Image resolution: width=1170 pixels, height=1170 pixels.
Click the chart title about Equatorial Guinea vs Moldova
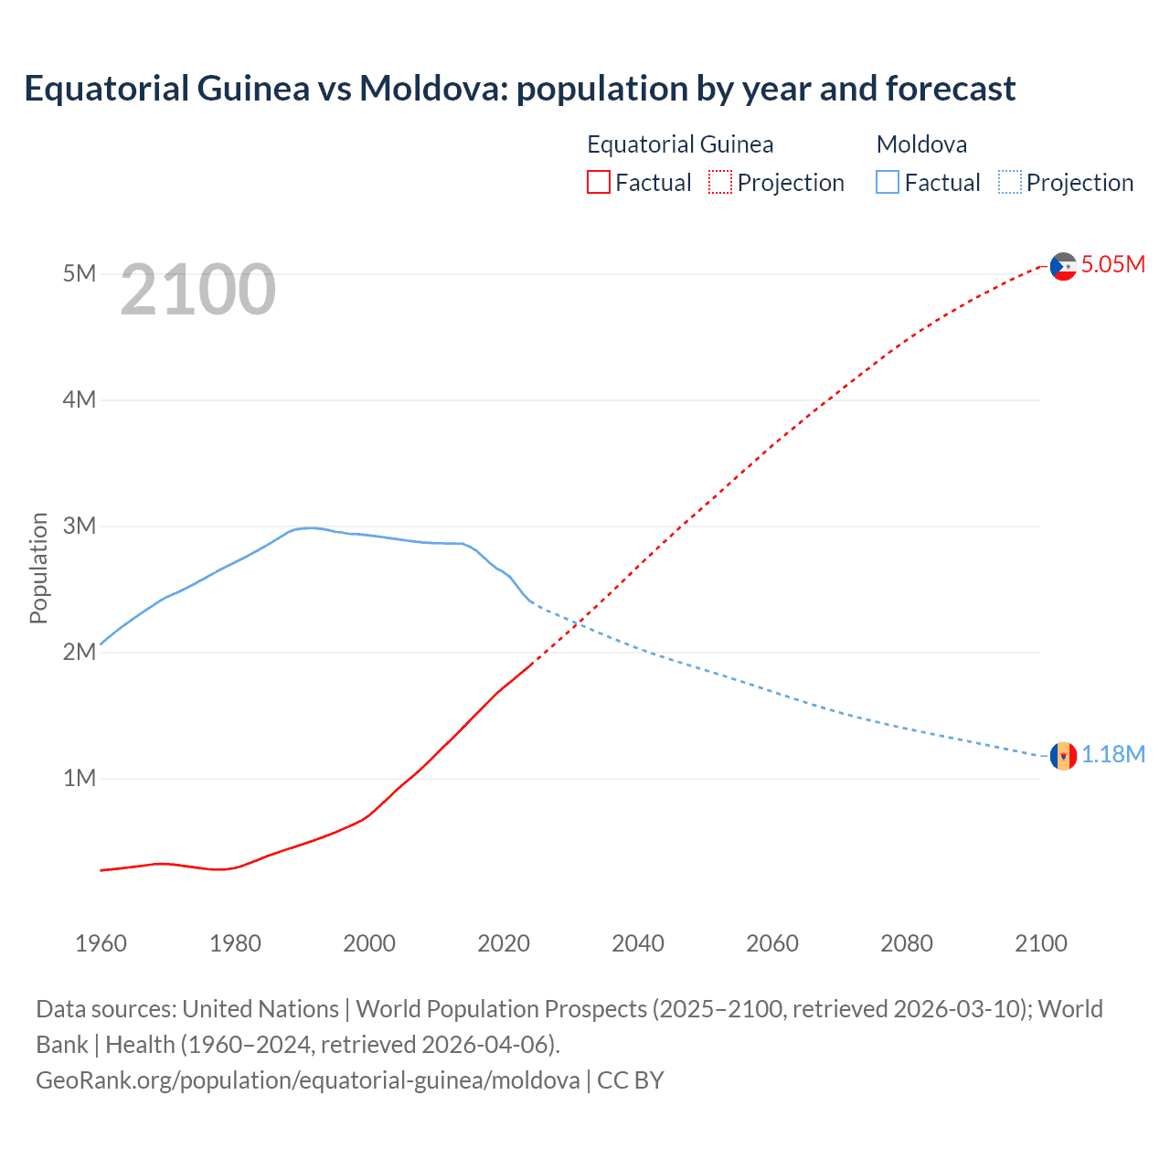pos(519,89)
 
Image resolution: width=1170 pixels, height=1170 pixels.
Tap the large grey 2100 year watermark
pos(197,290)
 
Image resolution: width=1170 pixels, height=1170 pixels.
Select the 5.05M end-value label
pos(1112,264)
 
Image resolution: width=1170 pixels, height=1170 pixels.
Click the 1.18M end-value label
pos(1112,754)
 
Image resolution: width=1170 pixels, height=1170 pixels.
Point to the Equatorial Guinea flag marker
pos(1063,266)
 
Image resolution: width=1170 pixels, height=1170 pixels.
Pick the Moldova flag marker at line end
pos(1063,756)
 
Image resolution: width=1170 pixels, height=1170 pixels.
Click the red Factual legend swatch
pos(598,182)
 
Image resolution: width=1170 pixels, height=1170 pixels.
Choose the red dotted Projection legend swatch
pos(720,182)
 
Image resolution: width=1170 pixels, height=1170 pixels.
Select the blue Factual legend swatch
pos(887,182)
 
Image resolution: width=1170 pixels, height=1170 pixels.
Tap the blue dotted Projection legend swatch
pos(1010,182)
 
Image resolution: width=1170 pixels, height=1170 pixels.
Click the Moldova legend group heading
pos(921,144)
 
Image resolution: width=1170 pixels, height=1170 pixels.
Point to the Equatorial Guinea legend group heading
pos(680,144)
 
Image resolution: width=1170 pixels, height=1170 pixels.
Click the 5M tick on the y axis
pos(80,273)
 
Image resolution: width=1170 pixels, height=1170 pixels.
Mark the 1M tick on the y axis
pos(80,778)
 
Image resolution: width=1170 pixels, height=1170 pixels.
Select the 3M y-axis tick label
pos(80,526)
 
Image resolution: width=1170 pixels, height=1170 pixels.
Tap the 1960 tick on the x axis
pos(101,943)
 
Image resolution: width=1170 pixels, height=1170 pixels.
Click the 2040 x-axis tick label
pos(638,943)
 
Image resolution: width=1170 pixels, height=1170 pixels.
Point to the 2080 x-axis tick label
pos(907,943)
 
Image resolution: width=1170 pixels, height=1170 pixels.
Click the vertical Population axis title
pos(38,568)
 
